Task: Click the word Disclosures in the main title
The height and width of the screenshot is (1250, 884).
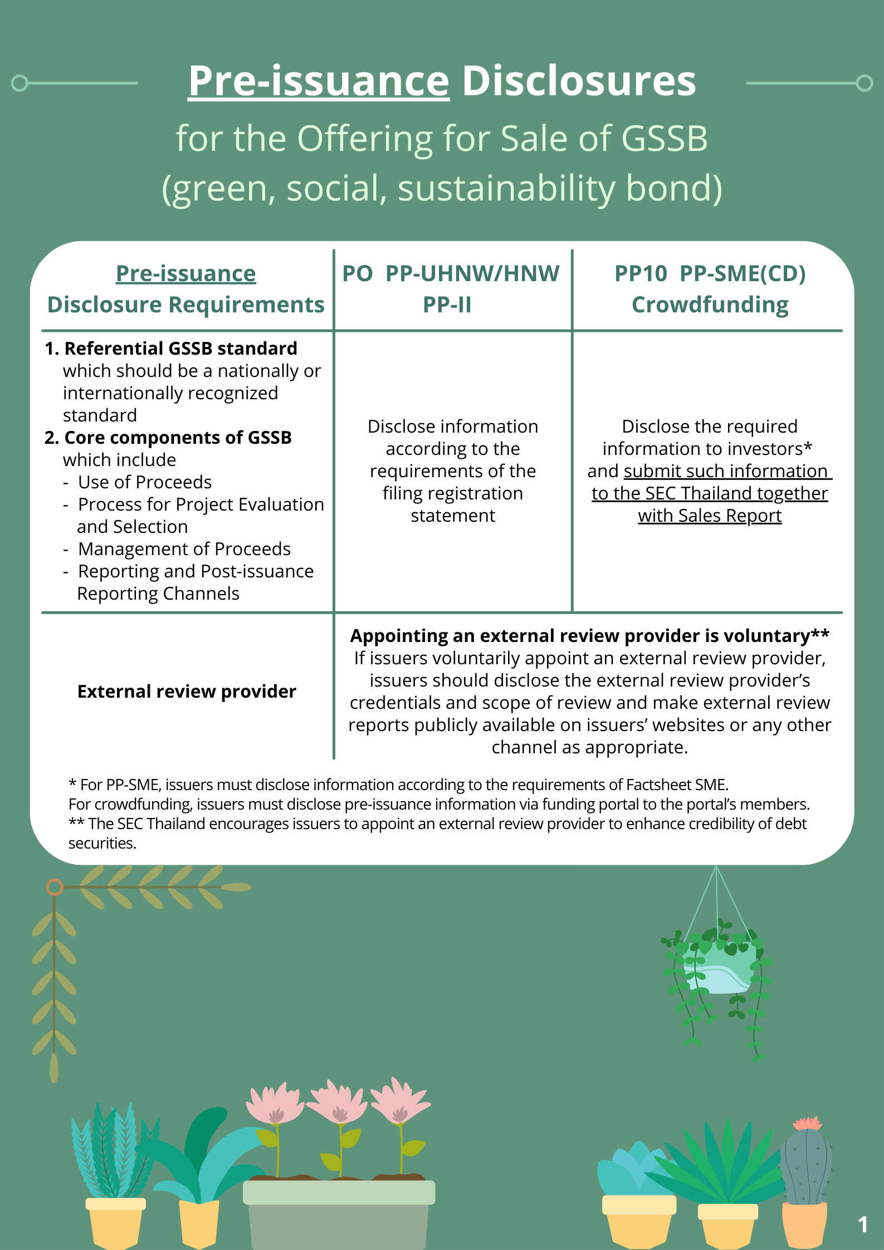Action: (x=579, y=81)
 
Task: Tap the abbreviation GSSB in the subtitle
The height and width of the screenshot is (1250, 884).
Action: (x=664, y=139)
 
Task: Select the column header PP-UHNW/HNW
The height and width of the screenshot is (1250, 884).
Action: (x=472, y=273)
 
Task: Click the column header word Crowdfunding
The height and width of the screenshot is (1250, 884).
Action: (x=710, y=305)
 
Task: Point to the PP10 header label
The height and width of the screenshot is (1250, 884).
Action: (x=641, y=273)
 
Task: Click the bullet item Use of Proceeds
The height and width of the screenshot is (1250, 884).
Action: (x=145, y=482)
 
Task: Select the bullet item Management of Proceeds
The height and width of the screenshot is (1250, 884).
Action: (x=184, y=549)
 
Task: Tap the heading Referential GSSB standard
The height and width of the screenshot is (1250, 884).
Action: (x=180, y=349)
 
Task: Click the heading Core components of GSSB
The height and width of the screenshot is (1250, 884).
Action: (x=178, y=438)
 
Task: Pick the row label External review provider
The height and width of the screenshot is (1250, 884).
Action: (x=187, y=692)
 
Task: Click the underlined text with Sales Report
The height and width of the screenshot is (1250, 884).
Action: (x=710, y=516)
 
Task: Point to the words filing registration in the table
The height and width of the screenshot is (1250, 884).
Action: (x=452, y=494)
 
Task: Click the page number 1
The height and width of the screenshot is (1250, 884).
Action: (x=862, y=1224)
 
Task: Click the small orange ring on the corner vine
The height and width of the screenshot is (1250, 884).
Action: (x=55, y=887)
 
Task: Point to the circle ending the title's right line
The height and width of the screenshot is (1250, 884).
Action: (x=864, y=84)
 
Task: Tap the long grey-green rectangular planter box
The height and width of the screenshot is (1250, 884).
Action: (x=339, y=1214)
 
